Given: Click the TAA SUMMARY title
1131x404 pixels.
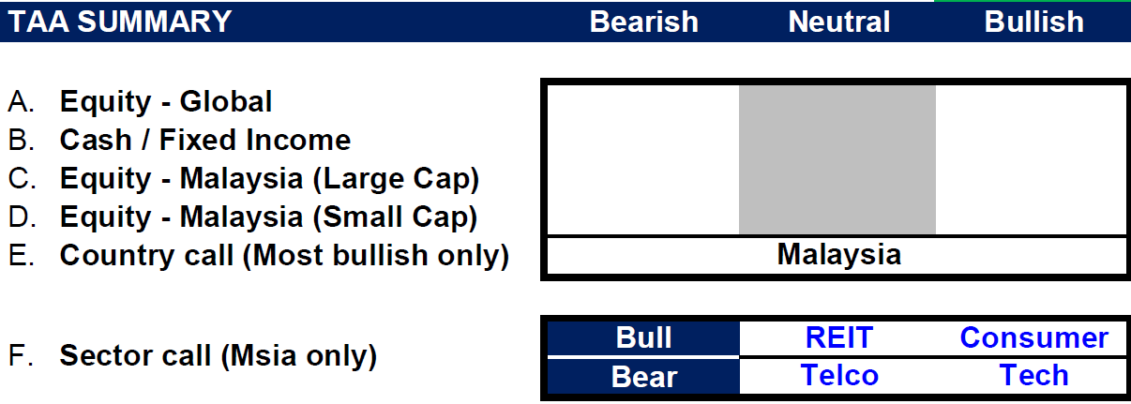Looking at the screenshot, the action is click(x=120, y=22).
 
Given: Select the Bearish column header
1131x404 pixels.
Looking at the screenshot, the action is click(x=643, y=22).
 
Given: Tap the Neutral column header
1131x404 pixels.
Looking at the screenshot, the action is click(x=839, y=22).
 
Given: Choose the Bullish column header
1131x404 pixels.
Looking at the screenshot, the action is click(x=1034, y=22).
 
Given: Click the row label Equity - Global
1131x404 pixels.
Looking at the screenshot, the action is click(x=166, y=101).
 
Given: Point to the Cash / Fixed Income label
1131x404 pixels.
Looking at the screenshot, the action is click(x=205, y=140).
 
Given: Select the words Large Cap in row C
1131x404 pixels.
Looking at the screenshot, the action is click(x=396, y=179).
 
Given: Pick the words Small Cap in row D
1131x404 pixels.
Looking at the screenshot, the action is click(x=396, y=217).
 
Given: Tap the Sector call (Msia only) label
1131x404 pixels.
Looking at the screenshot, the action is click(x=219, y=356).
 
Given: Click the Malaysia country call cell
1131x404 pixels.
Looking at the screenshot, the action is click(x=839, y=254).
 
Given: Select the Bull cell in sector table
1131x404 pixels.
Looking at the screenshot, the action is click(x=643, y=337).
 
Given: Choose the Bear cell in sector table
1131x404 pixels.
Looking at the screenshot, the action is click(x=643, y=377).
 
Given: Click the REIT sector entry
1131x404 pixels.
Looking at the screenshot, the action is click(x=839, y=337).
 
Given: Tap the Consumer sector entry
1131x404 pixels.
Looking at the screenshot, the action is click(x=1034, y=337).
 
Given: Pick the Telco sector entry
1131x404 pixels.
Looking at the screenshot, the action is click(x=839, y=375).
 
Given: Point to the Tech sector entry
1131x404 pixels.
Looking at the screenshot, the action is click(x=1034, y=375).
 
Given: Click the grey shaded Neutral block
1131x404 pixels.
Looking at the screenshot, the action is click(x=837, y=160).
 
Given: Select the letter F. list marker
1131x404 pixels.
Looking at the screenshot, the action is click(x=22, y=355).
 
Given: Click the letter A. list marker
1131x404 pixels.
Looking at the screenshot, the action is click(x=22, y=101).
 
